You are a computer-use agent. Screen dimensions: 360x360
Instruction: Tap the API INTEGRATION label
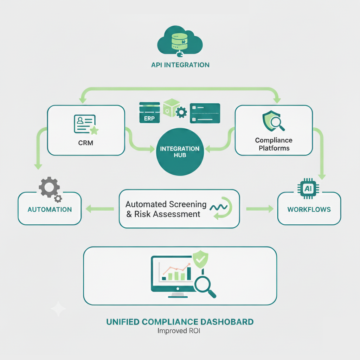[x=180, y=65]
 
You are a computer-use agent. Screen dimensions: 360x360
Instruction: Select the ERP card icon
[x=149, y=112]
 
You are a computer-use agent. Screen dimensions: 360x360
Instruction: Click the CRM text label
[x=86, y=143]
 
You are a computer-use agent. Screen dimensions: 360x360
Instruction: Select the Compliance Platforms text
[x=274, y=144]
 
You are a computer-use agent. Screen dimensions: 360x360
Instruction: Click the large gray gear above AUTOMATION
[x=49, y=187]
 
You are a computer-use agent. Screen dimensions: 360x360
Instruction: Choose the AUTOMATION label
[x=50, y=210]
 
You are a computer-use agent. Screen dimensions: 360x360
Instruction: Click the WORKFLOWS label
[x=309, y=210]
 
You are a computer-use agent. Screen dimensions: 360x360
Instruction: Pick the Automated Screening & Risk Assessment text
[x=166, y=209]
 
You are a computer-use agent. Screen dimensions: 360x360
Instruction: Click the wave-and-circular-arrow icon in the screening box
[x=220, y=208]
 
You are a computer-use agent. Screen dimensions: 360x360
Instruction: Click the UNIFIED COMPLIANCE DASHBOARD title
[x=180, y=322]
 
